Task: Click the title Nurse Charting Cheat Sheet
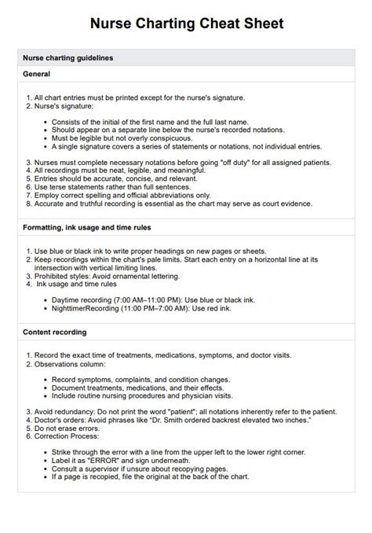click(185, 24)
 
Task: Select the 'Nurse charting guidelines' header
click(67, 58)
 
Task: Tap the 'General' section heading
click(36, 74)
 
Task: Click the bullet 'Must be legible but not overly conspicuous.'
click(126, 138)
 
